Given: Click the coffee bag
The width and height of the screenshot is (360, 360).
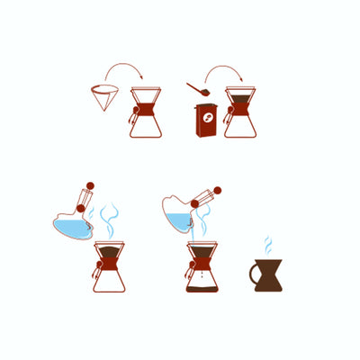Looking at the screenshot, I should pyautogui.click(x=204, y=122).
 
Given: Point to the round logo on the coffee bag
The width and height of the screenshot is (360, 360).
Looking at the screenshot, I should pyautogui.click(x=206, y=120).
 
